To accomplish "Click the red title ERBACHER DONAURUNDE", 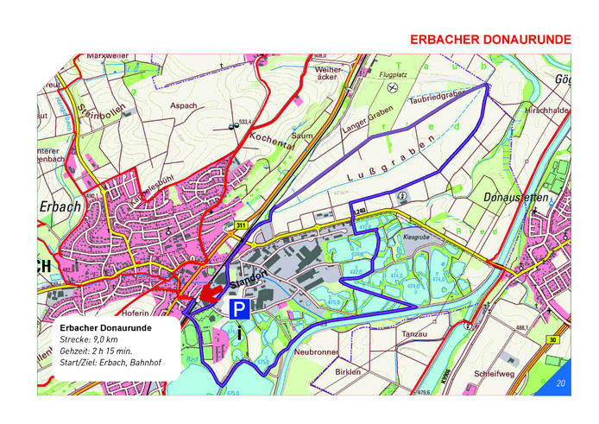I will click(x=490, y=40).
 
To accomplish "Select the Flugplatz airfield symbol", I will click(x=393, y=87).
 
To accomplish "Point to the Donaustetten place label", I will click(x=515, y=197).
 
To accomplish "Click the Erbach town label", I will click(x=60, y=207).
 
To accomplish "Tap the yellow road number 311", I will click(x=240, y=225).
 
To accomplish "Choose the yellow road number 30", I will click(x=552, y=339).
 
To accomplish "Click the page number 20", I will click(x=560, y=383).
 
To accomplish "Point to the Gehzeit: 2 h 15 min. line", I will click(x=96, y=352).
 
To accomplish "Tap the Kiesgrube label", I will click(x=416, y=236).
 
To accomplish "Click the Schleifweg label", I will click(x=494, y=374).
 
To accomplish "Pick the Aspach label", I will click(x=183, y=106).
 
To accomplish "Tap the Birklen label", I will click(x=346, y=371).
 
